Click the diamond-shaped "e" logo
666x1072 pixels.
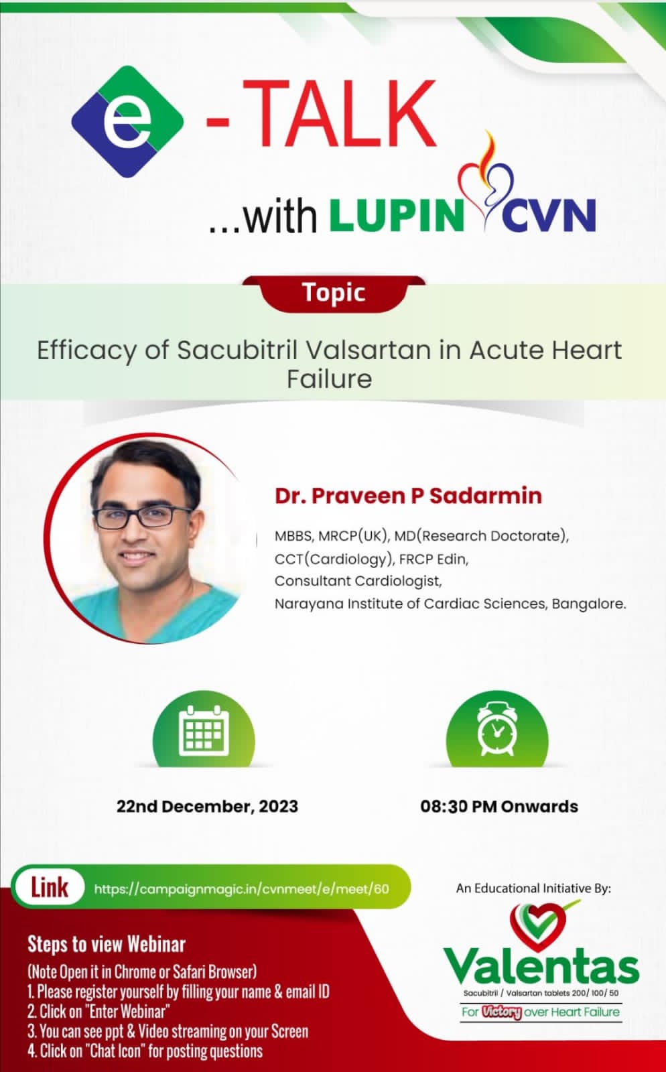click(x=127, y=121)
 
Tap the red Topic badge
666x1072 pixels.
click(x=334, y=293)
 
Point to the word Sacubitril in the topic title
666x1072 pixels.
click(x=237, y=350)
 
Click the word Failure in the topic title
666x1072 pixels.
click(x=329, y=379)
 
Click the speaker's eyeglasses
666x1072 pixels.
click(x=143, y=517)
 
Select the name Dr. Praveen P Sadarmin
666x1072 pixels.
click(x=408, y=496)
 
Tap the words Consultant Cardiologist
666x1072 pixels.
click(x=358, y=581)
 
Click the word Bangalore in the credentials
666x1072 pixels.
click(x=589, y=604)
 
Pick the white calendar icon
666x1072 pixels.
click(x=204, y=730)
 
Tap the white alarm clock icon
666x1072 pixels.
click(x=496, y=728)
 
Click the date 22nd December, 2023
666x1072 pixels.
click(x=207, y=807)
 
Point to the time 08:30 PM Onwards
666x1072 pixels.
click(x=499, y=807)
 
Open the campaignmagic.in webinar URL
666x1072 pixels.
click(x=242, y=889)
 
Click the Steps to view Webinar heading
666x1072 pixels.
click(x=107, y=944)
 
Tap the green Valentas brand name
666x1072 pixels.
click(x=541, y=965)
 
